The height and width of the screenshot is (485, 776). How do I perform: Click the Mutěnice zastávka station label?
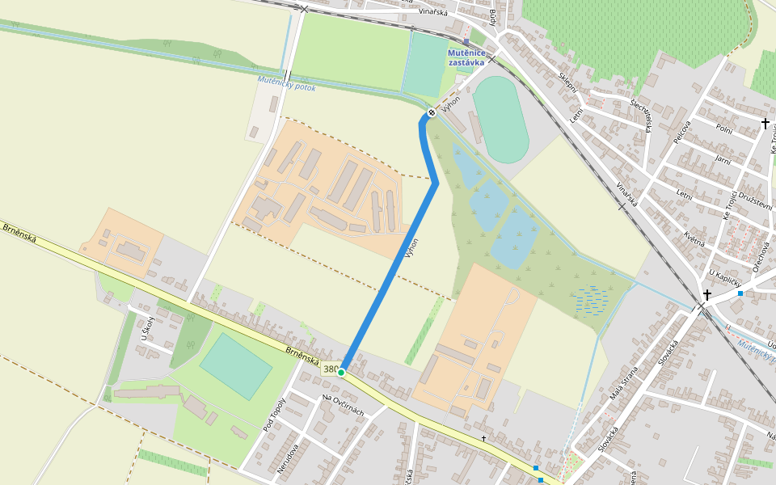[466, 57]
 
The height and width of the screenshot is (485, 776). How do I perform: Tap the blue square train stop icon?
[466, 41]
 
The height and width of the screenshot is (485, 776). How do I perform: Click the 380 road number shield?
[330, 369]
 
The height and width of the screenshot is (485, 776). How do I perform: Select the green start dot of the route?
[341, 372]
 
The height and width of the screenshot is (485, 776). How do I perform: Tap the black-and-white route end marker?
[432, 112]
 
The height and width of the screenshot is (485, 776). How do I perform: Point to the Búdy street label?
[492, 17]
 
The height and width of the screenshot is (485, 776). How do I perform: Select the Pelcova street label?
[682, 133]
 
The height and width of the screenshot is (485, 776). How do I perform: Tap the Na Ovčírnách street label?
[343, 405]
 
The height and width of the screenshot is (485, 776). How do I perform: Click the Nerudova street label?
[289, 457]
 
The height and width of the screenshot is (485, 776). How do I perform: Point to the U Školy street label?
[148, 327]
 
